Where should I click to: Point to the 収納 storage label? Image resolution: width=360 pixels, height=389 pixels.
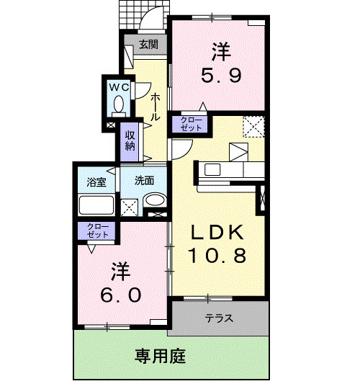(x=130, y=140)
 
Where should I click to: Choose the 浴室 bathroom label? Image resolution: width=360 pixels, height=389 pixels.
(x=97, y=182)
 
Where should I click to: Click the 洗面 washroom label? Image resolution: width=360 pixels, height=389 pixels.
(x=145, y=181)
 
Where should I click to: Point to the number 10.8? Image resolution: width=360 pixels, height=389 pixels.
(x=218, y=254)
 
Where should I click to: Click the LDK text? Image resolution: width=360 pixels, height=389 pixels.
(x=219, y=233)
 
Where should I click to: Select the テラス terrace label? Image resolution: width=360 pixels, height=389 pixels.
(x=218, y=318)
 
